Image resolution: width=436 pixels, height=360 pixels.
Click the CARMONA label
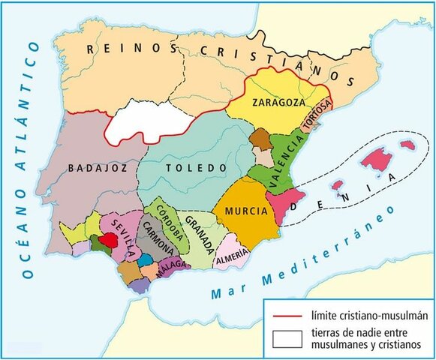tap(155, 241)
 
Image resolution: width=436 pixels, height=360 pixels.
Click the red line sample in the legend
tap(285, 311)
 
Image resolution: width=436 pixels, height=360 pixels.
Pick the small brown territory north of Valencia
tap(260, 138)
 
